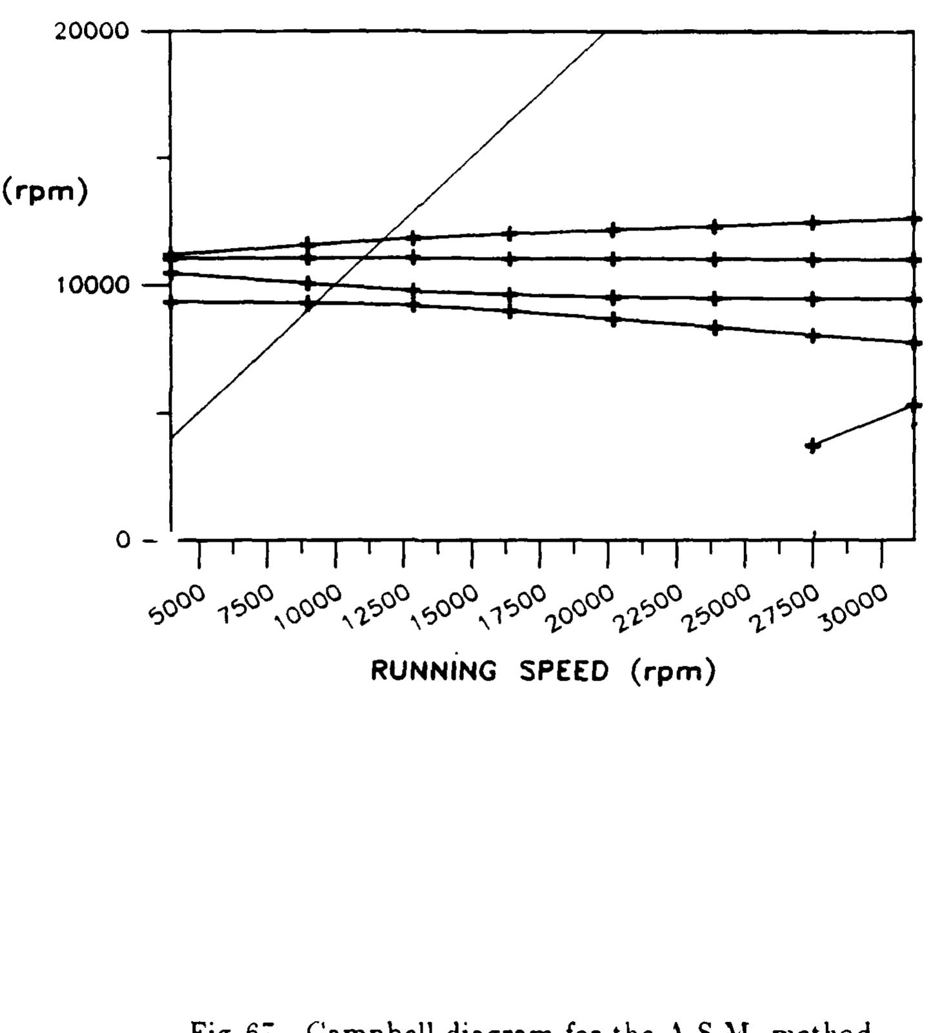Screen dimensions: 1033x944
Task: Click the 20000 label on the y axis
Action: tap(92, 31)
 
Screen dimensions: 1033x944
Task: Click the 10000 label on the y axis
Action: tap(92, 284)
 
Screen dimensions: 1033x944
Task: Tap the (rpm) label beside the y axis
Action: tap(45, 192)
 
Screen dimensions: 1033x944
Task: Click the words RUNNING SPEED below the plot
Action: tap(490, 671)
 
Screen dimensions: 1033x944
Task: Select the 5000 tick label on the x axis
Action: tap(177, 605)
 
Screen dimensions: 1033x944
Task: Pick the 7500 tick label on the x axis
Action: tap(246, 605)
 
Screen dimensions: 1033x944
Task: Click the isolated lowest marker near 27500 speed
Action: tap(813, 445)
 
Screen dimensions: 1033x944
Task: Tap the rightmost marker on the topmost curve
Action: tap(914, 219)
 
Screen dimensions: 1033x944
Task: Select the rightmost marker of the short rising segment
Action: tap(914, 405)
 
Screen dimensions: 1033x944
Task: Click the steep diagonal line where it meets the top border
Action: tap(604, 32)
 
